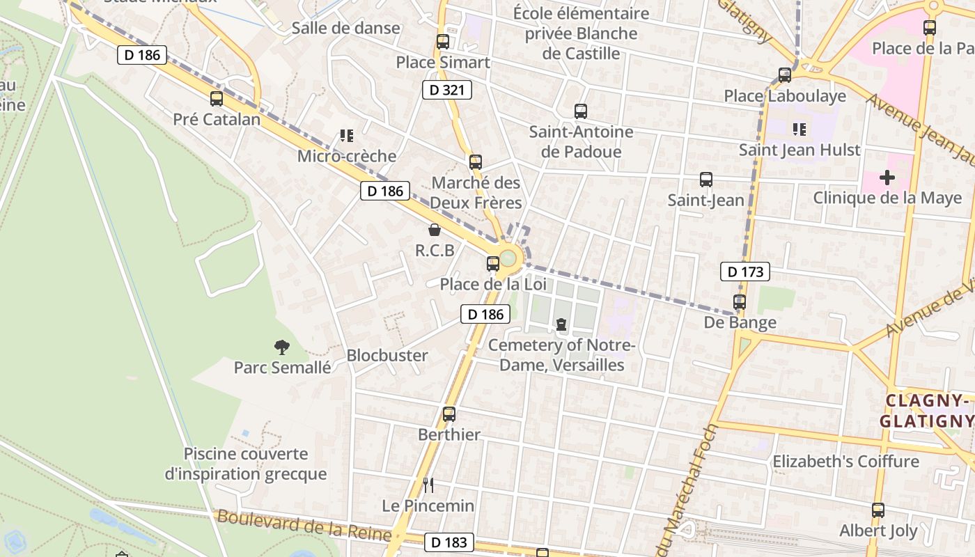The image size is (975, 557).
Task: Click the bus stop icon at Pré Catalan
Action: (217, 99)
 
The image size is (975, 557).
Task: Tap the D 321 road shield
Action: (447, 90)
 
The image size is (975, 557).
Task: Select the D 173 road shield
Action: (745, 272)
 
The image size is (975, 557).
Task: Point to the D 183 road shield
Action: (449, 542)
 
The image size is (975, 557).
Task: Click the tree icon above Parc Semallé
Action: (282, 347)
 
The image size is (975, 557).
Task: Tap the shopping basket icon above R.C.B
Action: (435, 230)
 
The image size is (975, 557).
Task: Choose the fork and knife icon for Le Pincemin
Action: (428, 485)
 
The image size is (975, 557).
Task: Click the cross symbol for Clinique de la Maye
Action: (887, 178)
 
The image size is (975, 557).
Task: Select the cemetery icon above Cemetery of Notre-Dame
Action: (561, 324)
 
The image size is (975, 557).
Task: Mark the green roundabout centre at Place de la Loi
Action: (510, 258)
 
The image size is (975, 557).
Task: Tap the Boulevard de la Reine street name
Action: (304, 526)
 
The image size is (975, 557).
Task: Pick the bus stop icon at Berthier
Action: (449, 414)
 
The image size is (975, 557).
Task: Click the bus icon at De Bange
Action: (740, 302)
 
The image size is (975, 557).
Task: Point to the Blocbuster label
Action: (387, 355)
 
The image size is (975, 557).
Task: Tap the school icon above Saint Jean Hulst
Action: (799, 130)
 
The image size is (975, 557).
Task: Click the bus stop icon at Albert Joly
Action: (878, 510)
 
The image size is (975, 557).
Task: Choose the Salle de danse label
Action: (345, 29)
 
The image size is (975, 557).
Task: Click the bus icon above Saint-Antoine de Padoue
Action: (581, 111)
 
